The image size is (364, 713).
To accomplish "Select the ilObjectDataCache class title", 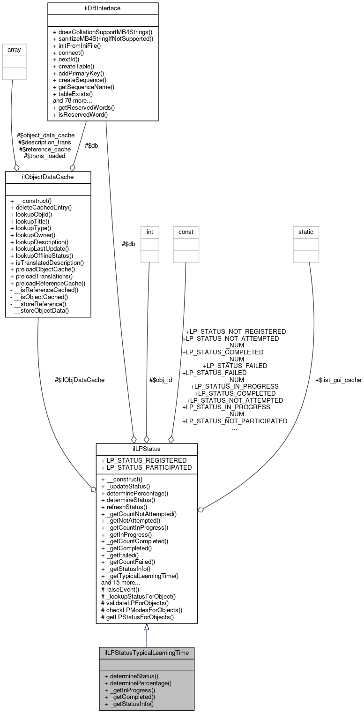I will click(x=48, y=177).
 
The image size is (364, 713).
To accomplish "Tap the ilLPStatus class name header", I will click(x=146, y=449).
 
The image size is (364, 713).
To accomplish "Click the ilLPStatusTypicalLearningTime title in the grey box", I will click(x=146, y=653).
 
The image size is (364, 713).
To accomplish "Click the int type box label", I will click(x=150, y=231).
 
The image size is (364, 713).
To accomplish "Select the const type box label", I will click(x=186, y=231).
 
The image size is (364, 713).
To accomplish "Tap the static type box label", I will click(x=306, y=231).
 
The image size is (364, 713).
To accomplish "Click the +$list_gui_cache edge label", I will click(x=338, y=380).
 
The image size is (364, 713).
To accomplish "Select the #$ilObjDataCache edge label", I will click(x=80, y=380).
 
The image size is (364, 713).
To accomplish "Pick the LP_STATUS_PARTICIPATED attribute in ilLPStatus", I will click(x=146, y=467).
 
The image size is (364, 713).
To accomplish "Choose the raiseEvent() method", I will click(x=120, y=589).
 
